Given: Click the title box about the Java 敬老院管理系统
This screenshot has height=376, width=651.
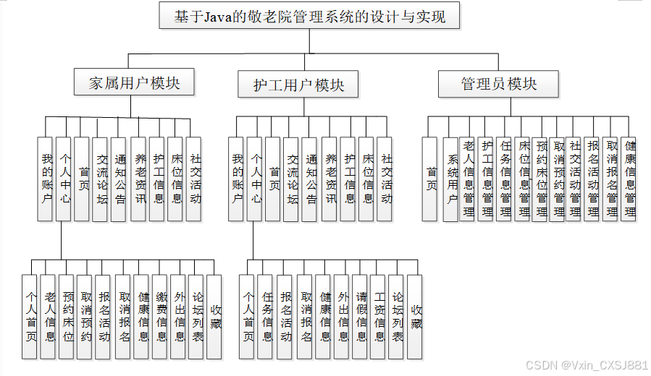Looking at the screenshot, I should pyautogui.click(x=309, y=15).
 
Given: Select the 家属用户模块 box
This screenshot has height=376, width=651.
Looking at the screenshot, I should pyautogui.click(x=135, y=83).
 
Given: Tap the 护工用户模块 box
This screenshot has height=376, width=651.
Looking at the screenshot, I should pyautogui.click(x=298, y=85).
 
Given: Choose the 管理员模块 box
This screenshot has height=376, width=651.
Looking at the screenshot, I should pyautogui.click(x=499, y=84).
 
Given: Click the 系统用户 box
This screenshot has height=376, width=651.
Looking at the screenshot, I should pyautogui.click(x=452, y=179).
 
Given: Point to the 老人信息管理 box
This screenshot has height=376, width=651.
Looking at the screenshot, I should pyautogui.click(x=468, y=179).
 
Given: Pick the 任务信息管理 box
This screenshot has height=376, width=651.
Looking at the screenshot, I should pyautogui.click(x=505, y=179).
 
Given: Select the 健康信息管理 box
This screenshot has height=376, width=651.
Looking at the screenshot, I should pyautogui.click(x=629, y=179).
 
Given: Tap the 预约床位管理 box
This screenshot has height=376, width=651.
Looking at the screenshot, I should pyautogui.click(x=540, y=179).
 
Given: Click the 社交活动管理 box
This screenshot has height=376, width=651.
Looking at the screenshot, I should pyautogui.click(x=575, y=179).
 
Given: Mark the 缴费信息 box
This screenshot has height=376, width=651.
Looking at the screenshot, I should pyautogui.click(x=160, y=317).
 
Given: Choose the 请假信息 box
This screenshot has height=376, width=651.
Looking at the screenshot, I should pyautogui.click(x=361, y=317).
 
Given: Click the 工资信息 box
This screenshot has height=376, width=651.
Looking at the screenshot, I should pyautogui.click(x=379, y=317).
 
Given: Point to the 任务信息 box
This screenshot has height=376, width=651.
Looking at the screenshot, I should pyautogui.click(x=266, y=317).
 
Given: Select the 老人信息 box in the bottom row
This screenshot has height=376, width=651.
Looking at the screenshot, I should pyautogui.click(x=49, y=317).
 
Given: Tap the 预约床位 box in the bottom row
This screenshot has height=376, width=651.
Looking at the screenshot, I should pyautogui.click(x=67, y=317).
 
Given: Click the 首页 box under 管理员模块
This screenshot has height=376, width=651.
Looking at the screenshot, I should pyautogui.click(x=432, y=179).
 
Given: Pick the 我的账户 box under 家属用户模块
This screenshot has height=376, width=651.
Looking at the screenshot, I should pyautogui.click(x=46, y=179).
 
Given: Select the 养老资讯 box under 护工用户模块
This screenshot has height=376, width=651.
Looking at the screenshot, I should pyautogui.click(x=330, y=179).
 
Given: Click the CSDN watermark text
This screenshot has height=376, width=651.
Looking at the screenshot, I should pyautogui.click(x=587, y=365).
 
